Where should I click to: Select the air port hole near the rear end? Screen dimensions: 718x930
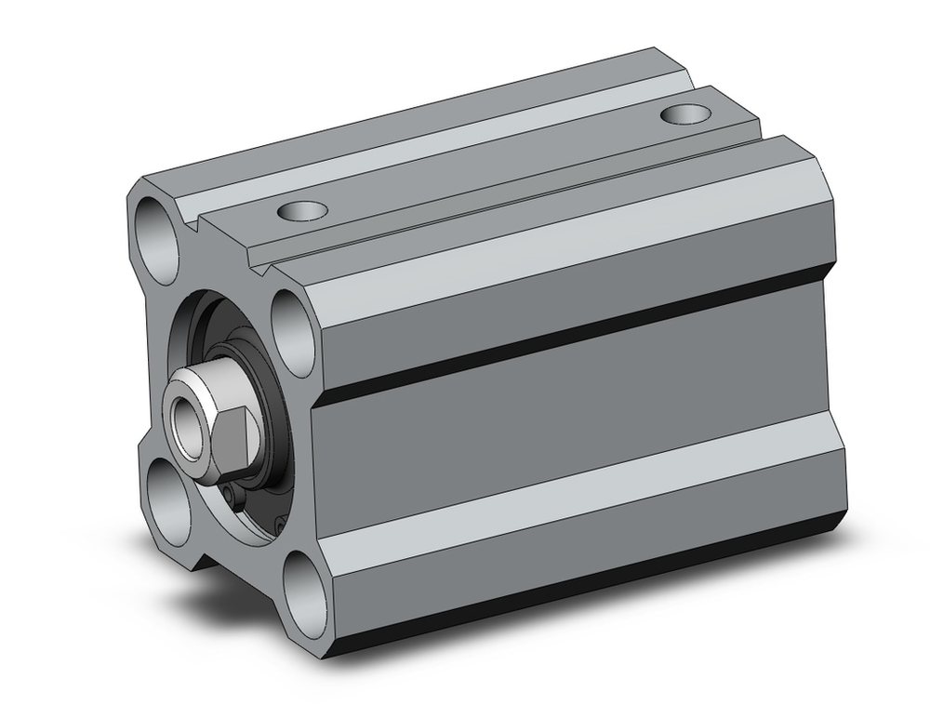tap(685, 114)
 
